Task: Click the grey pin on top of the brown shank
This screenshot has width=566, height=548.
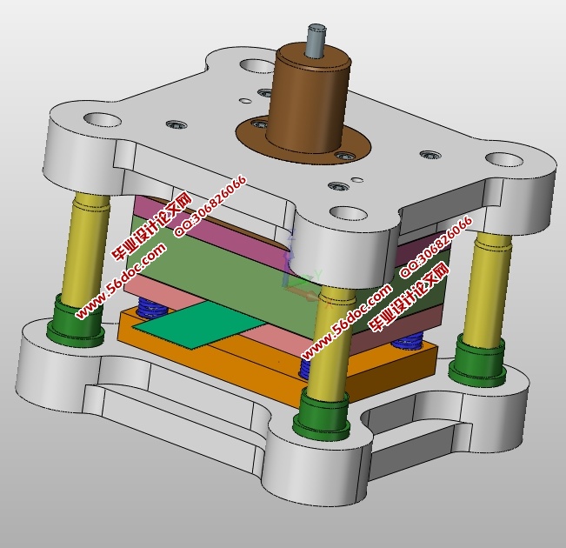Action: pyautogui.click(x=316, y=40)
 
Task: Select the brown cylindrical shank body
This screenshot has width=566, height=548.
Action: pyautogui.click(x=310, y=97)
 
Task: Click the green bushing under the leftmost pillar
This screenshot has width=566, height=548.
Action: pyautogui.click(x=75, y=322)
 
